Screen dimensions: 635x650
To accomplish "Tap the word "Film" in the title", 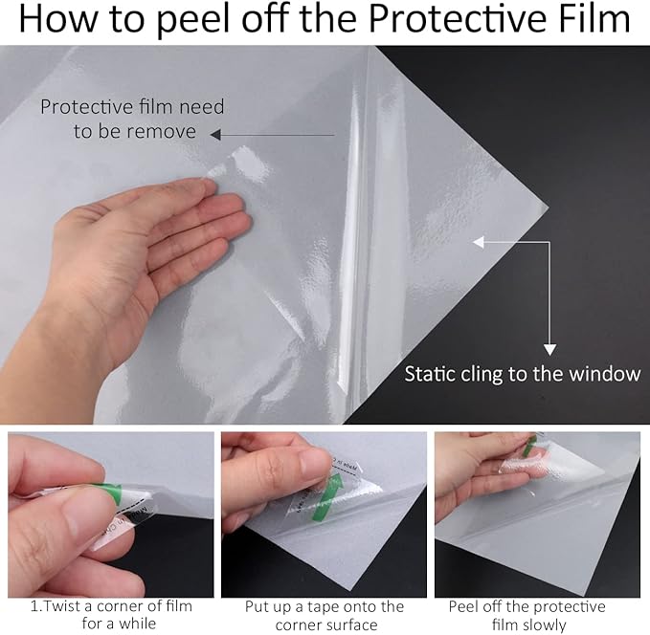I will pyautogui.click(x=590, y=22).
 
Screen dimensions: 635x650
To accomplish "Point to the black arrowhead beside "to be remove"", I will pyautogui.click(x=216, y=134).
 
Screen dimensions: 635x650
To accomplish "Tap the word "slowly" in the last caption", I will pyautogui.click(x=545, y=625).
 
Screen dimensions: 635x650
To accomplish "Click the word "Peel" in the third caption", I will pyautogui.click(x=466, y=606).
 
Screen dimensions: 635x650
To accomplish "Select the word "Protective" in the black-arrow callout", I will pyautogui.click(x=84, y=106).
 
